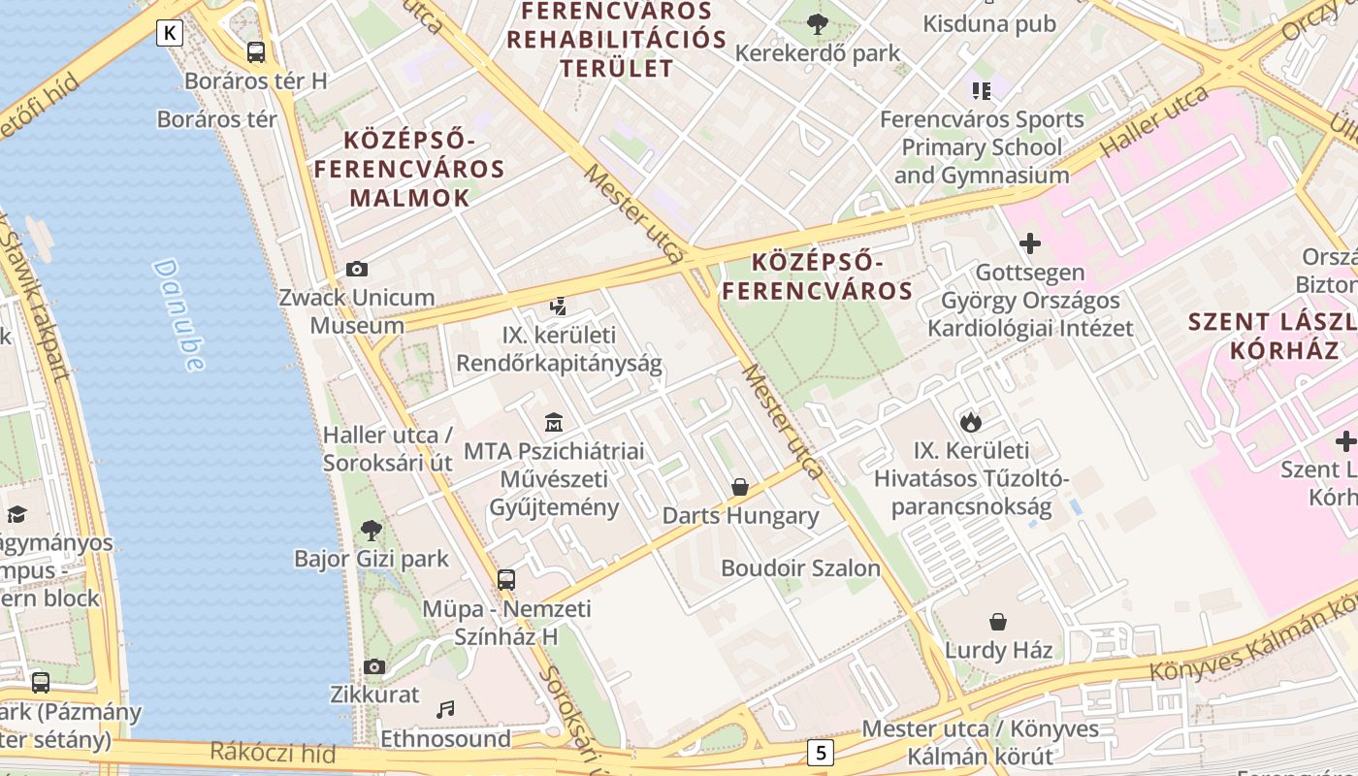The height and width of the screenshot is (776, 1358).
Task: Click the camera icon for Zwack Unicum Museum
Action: click(357, 269)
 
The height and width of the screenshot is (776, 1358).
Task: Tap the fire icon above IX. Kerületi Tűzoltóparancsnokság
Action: click(970, 422)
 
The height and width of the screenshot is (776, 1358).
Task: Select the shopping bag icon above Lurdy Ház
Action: click(997, 621)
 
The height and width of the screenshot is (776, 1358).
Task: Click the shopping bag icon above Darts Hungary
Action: click(740, 486)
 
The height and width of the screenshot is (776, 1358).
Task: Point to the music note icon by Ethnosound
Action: click(445, 710)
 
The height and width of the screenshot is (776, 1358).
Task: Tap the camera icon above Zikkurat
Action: click(374, 666)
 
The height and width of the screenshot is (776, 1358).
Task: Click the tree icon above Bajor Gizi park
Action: click(371, 530)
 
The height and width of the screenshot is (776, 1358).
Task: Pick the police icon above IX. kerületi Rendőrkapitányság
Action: click(558, 307)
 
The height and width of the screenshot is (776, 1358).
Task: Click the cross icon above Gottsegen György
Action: click(1030, 242)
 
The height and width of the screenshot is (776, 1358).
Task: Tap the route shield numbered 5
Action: click(822, 752)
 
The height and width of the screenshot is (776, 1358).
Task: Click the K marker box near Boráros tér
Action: click(170, 33)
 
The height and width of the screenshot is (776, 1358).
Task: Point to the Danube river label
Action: click(179, 315)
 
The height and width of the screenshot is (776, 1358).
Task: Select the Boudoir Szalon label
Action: click(800, 568)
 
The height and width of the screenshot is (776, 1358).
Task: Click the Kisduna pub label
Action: click(988, 23)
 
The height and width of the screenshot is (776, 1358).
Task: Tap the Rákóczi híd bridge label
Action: click(274, 753)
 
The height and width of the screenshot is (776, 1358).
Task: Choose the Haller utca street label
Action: click(1155, 121)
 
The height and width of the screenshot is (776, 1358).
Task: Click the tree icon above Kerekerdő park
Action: click(818, 23)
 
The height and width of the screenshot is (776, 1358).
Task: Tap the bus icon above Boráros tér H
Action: click(256, 51)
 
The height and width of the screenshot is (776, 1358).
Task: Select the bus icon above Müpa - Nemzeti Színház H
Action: click(506, 580)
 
